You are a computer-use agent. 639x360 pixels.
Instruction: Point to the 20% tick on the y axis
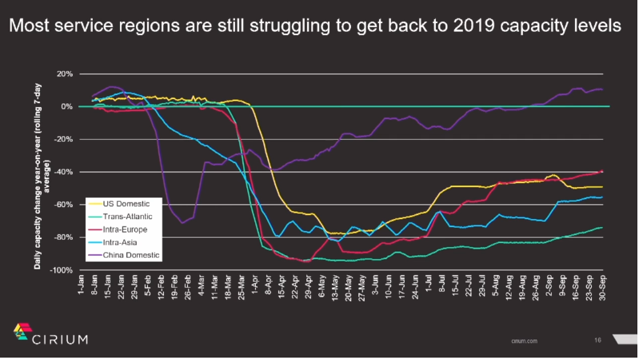click(x=65, y=74)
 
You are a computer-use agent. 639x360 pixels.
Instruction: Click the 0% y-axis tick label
click(x=67, y=106)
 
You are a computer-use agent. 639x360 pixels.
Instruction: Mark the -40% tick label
click(x=64, y=172)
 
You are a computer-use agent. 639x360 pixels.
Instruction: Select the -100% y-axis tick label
click(x=62, y=270)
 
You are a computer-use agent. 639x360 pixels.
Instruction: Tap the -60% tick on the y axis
click(x=64, y=205)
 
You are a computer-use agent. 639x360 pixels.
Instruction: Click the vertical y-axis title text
click(x=42, y=171)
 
